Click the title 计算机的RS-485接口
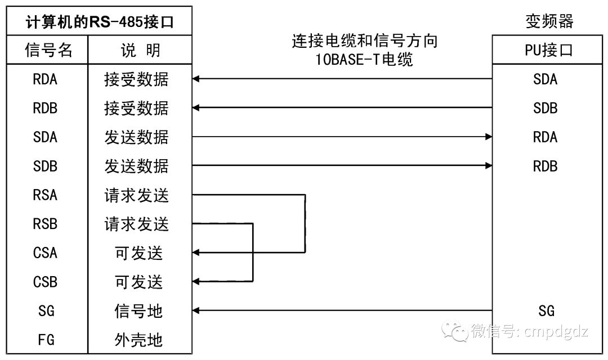pyautogui.click(x=100, y=22)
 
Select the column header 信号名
pyautogui.click(x=48, y=50)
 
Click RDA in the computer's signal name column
pyautogui.click(x=46, y=79)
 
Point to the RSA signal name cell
pyautogui.click(x=46, y=195)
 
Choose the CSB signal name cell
pyautogui.click(x=46, y=282)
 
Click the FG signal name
pyautogui.click(x=46, y=340)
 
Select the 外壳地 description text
pyautogui.click(x=138, y=340)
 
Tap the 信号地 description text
pyautogui.click(x=138, y=311)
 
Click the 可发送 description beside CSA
pyautogui.click(x=138, y=253)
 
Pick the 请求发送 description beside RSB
pyautogui.click(x=136, y=224)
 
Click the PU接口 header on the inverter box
pyautogui.click(x=549, y=51)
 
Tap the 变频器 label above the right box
pyautogui.click(x=549, y=21)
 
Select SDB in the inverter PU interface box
pyautogui.click(x=545, y=108)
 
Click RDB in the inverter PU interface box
pyautogui.click(x=545, y=166)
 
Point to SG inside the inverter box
pyautogui.click(x=546, y=311)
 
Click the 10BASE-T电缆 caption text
pyautogui.click(x=364, y=60)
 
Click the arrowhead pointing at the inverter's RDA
pyautogui.click(x=489, y=137)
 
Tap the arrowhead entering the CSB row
pyautogui.click(x=196, y=282)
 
